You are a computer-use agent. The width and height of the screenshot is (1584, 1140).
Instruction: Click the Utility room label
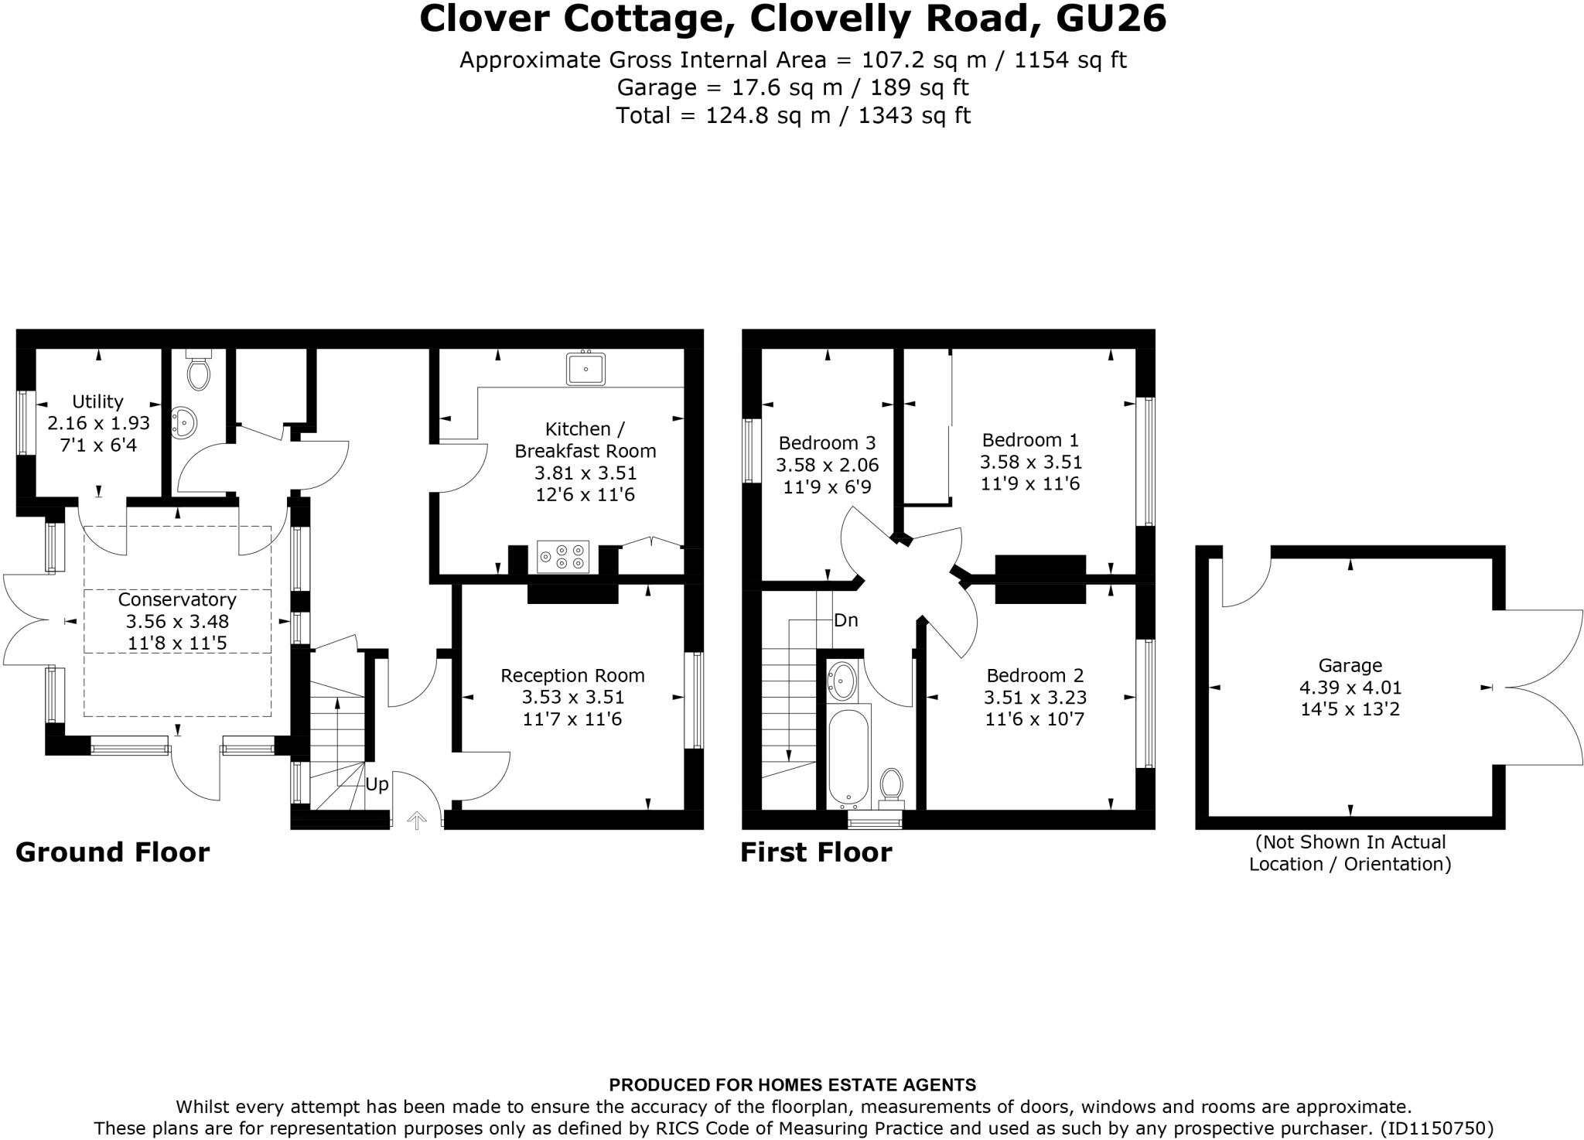coord(97,401)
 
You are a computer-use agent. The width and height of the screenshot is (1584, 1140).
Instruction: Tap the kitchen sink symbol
coord(585,368)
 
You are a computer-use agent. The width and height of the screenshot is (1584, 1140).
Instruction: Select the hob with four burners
coord(562,557)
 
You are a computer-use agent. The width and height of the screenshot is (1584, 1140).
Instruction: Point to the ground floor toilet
coord(199,372)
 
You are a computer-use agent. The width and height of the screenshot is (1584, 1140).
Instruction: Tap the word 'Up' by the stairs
coord(377,784)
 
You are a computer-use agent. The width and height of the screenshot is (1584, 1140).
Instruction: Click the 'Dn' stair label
coord(846,620)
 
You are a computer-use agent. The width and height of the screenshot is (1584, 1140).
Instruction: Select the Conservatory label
coord(177,599)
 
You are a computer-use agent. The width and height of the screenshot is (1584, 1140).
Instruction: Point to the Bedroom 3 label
coord(827,443)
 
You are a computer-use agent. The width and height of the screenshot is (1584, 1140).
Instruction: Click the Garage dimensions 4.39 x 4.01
coord(1350,687)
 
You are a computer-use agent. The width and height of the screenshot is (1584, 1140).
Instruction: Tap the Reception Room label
coord(572,675)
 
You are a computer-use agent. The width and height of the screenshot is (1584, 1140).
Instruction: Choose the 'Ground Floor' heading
coord(113,852)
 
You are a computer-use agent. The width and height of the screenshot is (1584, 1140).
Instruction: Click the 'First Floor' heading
coord(816,852)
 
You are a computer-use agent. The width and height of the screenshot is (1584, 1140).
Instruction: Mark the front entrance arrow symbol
coord(417,820)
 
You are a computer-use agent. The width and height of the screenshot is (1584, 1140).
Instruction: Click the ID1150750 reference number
coord(1436,1128)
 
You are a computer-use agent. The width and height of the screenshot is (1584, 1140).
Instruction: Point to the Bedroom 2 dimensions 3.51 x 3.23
coord(1035,698)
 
